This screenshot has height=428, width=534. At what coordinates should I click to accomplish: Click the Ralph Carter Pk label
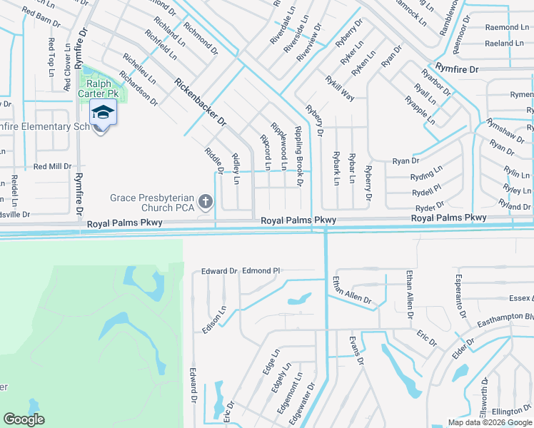[100, 87]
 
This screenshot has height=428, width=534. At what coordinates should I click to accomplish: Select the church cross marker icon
[206, 203]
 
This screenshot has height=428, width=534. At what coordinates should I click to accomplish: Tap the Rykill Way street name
[339, 88]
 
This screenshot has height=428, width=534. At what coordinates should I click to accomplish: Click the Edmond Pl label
[261, 271]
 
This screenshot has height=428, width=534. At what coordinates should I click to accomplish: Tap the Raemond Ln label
[506, 27]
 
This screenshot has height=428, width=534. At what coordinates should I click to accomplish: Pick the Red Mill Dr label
[53, 166]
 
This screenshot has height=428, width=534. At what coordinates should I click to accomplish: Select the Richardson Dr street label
[138, 88]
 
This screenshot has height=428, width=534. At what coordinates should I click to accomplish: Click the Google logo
[24, 419]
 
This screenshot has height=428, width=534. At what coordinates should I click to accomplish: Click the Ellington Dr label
[512, 412]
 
